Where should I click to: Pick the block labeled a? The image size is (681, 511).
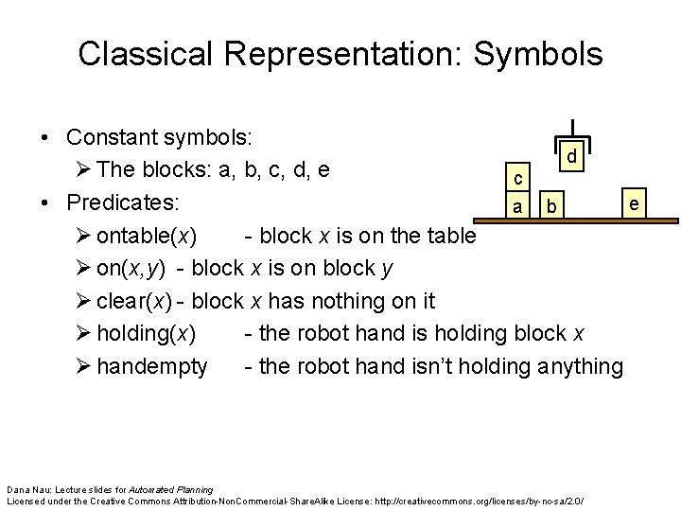tap(517, 205)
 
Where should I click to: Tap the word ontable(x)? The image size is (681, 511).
tap(147, 235)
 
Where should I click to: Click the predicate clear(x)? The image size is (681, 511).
tap(140, 301)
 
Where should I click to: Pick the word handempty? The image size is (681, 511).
tap(152, 366)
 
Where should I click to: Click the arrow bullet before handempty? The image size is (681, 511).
tap(82, 366)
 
